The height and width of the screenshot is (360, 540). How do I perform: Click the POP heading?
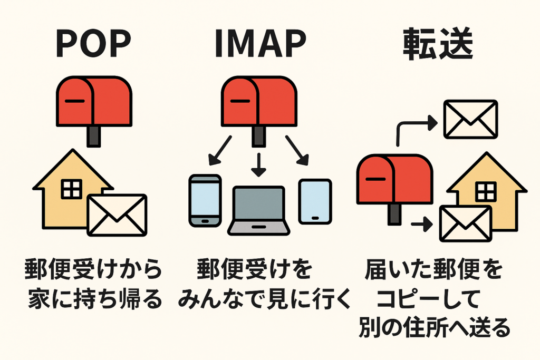pyautogui.click(x=93, y=45)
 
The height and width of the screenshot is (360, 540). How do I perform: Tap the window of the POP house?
pyautogui.click(x=71, y=189)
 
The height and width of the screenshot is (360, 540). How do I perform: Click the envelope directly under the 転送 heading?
pyautogui.click(x=470, y=119)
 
